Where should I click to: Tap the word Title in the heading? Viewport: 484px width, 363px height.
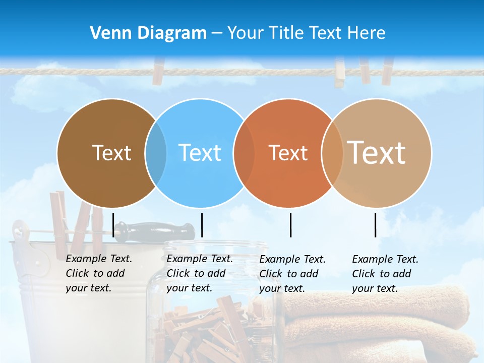(287, 33)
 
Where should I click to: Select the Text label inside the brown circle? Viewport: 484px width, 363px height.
(111, 153)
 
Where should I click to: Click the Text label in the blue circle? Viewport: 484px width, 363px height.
(200, 153)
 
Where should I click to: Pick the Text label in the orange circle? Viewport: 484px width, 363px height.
(288, 153)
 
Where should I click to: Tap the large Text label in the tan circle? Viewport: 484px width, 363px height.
(377, 152)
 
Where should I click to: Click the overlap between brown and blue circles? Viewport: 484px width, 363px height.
(156, 153)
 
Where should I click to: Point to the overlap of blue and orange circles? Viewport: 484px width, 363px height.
(244, 153)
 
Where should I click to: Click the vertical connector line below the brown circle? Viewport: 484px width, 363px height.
(113, 225)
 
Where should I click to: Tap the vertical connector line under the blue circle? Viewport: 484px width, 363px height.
(202, 225)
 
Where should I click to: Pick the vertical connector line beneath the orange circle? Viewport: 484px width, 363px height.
(290, 225)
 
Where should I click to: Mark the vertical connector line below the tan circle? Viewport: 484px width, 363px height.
(375, 225)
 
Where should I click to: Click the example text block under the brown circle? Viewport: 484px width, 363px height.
(99, 273)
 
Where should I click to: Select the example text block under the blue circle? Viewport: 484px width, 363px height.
(200, 273)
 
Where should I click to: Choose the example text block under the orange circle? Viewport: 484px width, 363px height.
(292, 274)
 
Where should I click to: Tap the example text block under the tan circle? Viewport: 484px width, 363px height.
(385, 274)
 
